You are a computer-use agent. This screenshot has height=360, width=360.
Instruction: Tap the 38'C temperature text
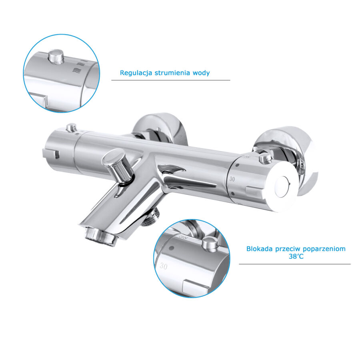(296, 256)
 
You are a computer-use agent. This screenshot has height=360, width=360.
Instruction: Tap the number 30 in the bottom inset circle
(163, 266)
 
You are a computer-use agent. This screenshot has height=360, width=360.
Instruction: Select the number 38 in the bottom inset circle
(184, 237)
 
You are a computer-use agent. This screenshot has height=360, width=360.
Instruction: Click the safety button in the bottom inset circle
(210, 244)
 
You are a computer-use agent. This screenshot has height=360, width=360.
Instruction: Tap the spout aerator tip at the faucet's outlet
(100, 236)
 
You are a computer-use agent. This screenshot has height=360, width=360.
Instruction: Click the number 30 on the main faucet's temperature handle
(232, 179)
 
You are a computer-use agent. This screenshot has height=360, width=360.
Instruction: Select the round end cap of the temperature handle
(283, 187)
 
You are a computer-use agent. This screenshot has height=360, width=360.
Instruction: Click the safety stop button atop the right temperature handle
(265, 158)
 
